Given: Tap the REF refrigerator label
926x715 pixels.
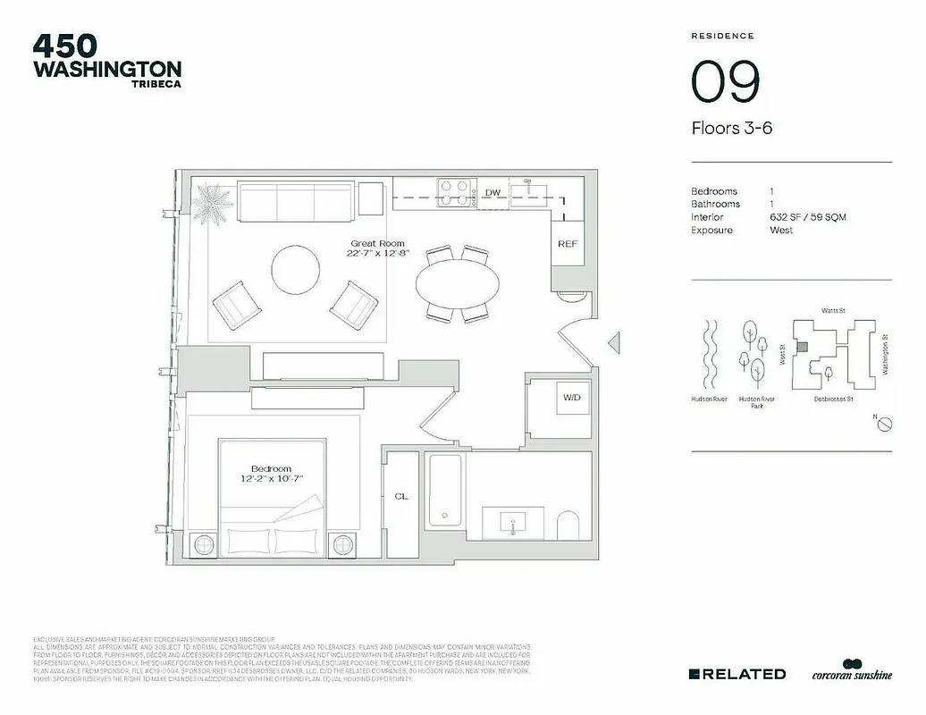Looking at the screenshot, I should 567,244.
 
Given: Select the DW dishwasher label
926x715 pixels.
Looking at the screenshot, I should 492,193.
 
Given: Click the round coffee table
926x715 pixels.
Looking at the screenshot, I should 296,270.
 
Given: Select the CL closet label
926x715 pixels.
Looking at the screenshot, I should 401,497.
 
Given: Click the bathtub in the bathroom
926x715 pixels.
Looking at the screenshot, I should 444,492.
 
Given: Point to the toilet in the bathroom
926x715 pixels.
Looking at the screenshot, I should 568,525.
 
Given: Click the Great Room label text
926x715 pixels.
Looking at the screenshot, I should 377,243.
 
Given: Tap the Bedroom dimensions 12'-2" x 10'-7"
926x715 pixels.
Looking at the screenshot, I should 271,479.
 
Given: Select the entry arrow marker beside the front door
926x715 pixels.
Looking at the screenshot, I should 613,341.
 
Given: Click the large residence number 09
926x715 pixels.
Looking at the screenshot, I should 725,81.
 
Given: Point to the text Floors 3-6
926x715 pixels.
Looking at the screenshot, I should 731,128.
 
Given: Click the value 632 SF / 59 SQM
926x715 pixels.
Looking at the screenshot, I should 807,217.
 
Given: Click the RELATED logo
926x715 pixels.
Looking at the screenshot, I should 737,674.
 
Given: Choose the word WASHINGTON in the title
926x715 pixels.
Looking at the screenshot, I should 107,69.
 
